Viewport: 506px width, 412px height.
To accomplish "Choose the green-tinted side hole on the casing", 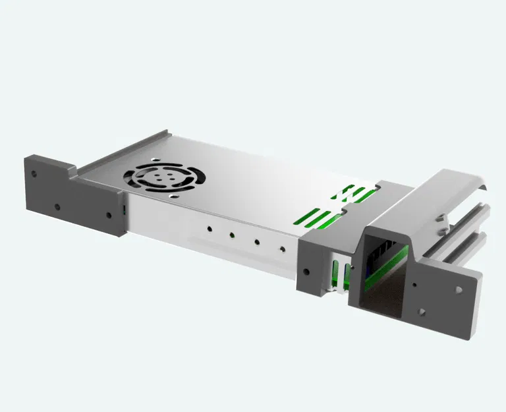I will click(x=232, y=234).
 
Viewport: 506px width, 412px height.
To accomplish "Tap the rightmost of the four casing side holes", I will click(x=283, y=249).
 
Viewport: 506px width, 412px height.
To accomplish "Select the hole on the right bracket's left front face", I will click(x=306, y=270).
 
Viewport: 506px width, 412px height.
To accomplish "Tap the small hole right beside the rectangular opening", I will click(x=414, y=285).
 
